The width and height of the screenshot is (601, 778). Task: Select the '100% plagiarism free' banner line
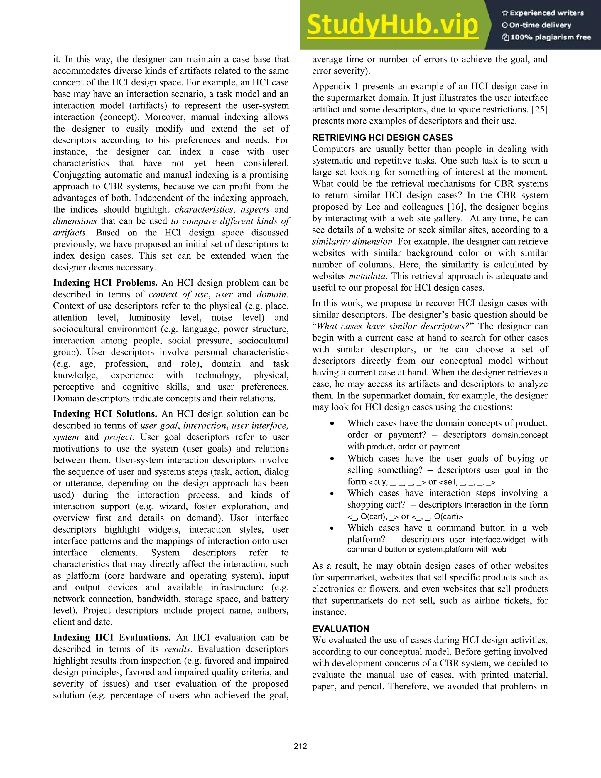click(x=546, y=37)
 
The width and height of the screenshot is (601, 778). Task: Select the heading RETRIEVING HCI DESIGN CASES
click(x=382, y=137)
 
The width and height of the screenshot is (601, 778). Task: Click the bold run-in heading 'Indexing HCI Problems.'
click(x=105, y=283)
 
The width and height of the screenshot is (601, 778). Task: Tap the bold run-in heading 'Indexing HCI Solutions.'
click(x=105, y=414)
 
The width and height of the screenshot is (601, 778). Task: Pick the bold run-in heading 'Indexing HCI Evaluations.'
click(x=112, y=637)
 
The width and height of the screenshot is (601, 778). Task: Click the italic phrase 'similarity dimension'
click(x=352, y=242)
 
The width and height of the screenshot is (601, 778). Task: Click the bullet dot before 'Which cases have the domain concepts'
click(x=332, y=424)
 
